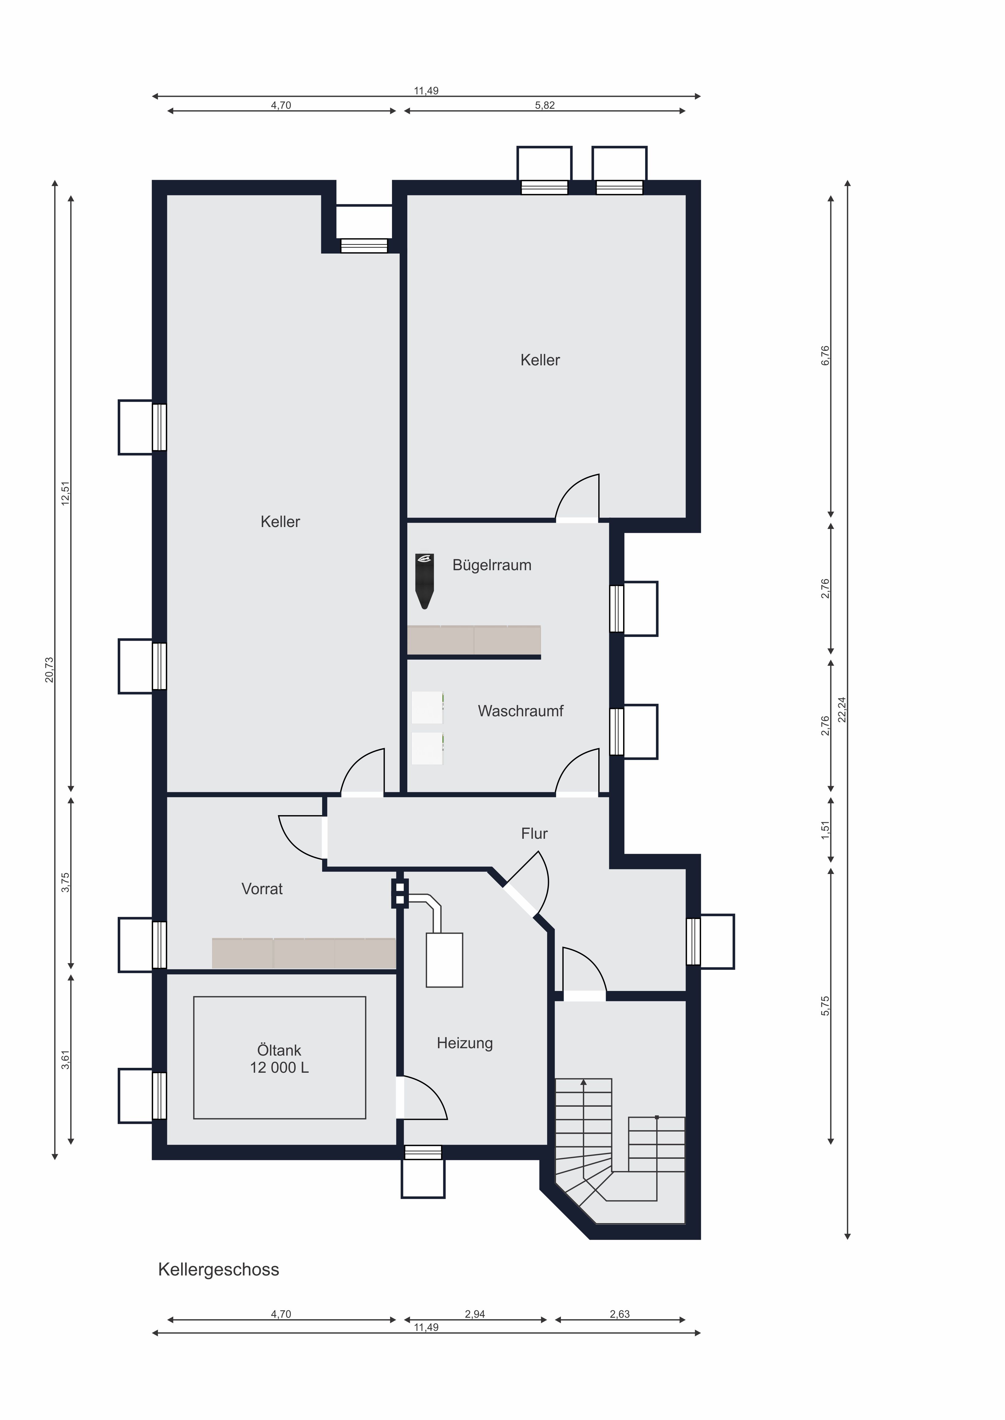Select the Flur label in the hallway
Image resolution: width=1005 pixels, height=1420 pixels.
[534, 834]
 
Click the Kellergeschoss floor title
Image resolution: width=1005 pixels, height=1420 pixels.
[219, 1270]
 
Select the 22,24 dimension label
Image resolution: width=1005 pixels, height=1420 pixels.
[842, 709]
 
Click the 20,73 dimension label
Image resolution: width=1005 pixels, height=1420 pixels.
[50, 670]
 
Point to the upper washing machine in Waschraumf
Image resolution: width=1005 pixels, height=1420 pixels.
[428, 707]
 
